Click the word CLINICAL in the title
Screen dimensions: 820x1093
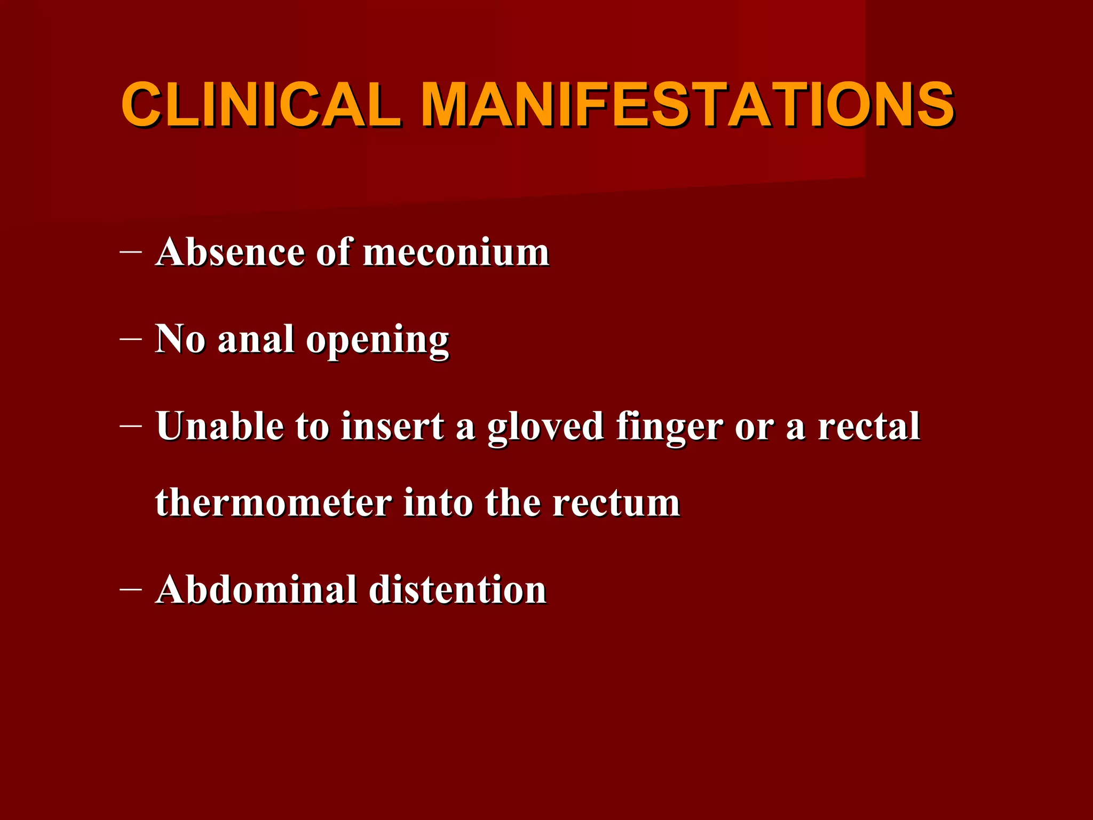pos(262,105)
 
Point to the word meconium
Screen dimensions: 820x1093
pos(456,253)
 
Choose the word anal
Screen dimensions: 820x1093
pos(256,339)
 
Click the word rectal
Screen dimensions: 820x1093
pos(869,426)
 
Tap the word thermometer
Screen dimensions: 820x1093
pos(273,503)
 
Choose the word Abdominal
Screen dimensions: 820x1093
pos(256,590)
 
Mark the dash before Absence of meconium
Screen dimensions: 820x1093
pos(131,250)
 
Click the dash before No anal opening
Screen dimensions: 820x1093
pos(131,338)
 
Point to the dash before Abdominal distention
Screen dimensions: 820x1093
pos(131,589)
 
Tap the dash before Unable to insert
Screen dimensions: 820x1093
pos(131,425)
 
